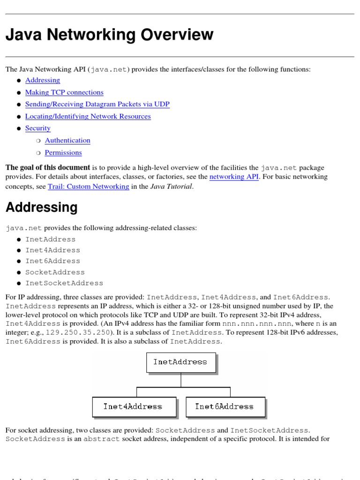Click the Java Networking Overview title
(109, 35)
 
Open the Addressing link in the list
(43, 80)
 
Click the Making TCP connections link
(64, 92)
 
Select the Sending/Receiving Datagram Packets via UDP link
(97, 104)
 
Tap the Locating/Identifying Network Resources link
(88, 116)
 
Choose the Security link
(37, 128)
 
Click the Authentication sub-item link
(67, 140)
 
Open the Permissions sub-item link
(63, 152)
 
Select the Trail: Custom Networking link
(89, 186)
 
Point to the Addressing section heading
(41, 207)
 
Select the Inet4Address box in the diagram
(133, 406)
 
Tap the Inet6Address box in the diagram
(225, 406)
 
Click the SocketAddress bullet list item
(55, 272)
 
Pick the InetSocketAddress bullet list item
(64, 283)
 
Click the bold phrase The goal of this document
(48, 167)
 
